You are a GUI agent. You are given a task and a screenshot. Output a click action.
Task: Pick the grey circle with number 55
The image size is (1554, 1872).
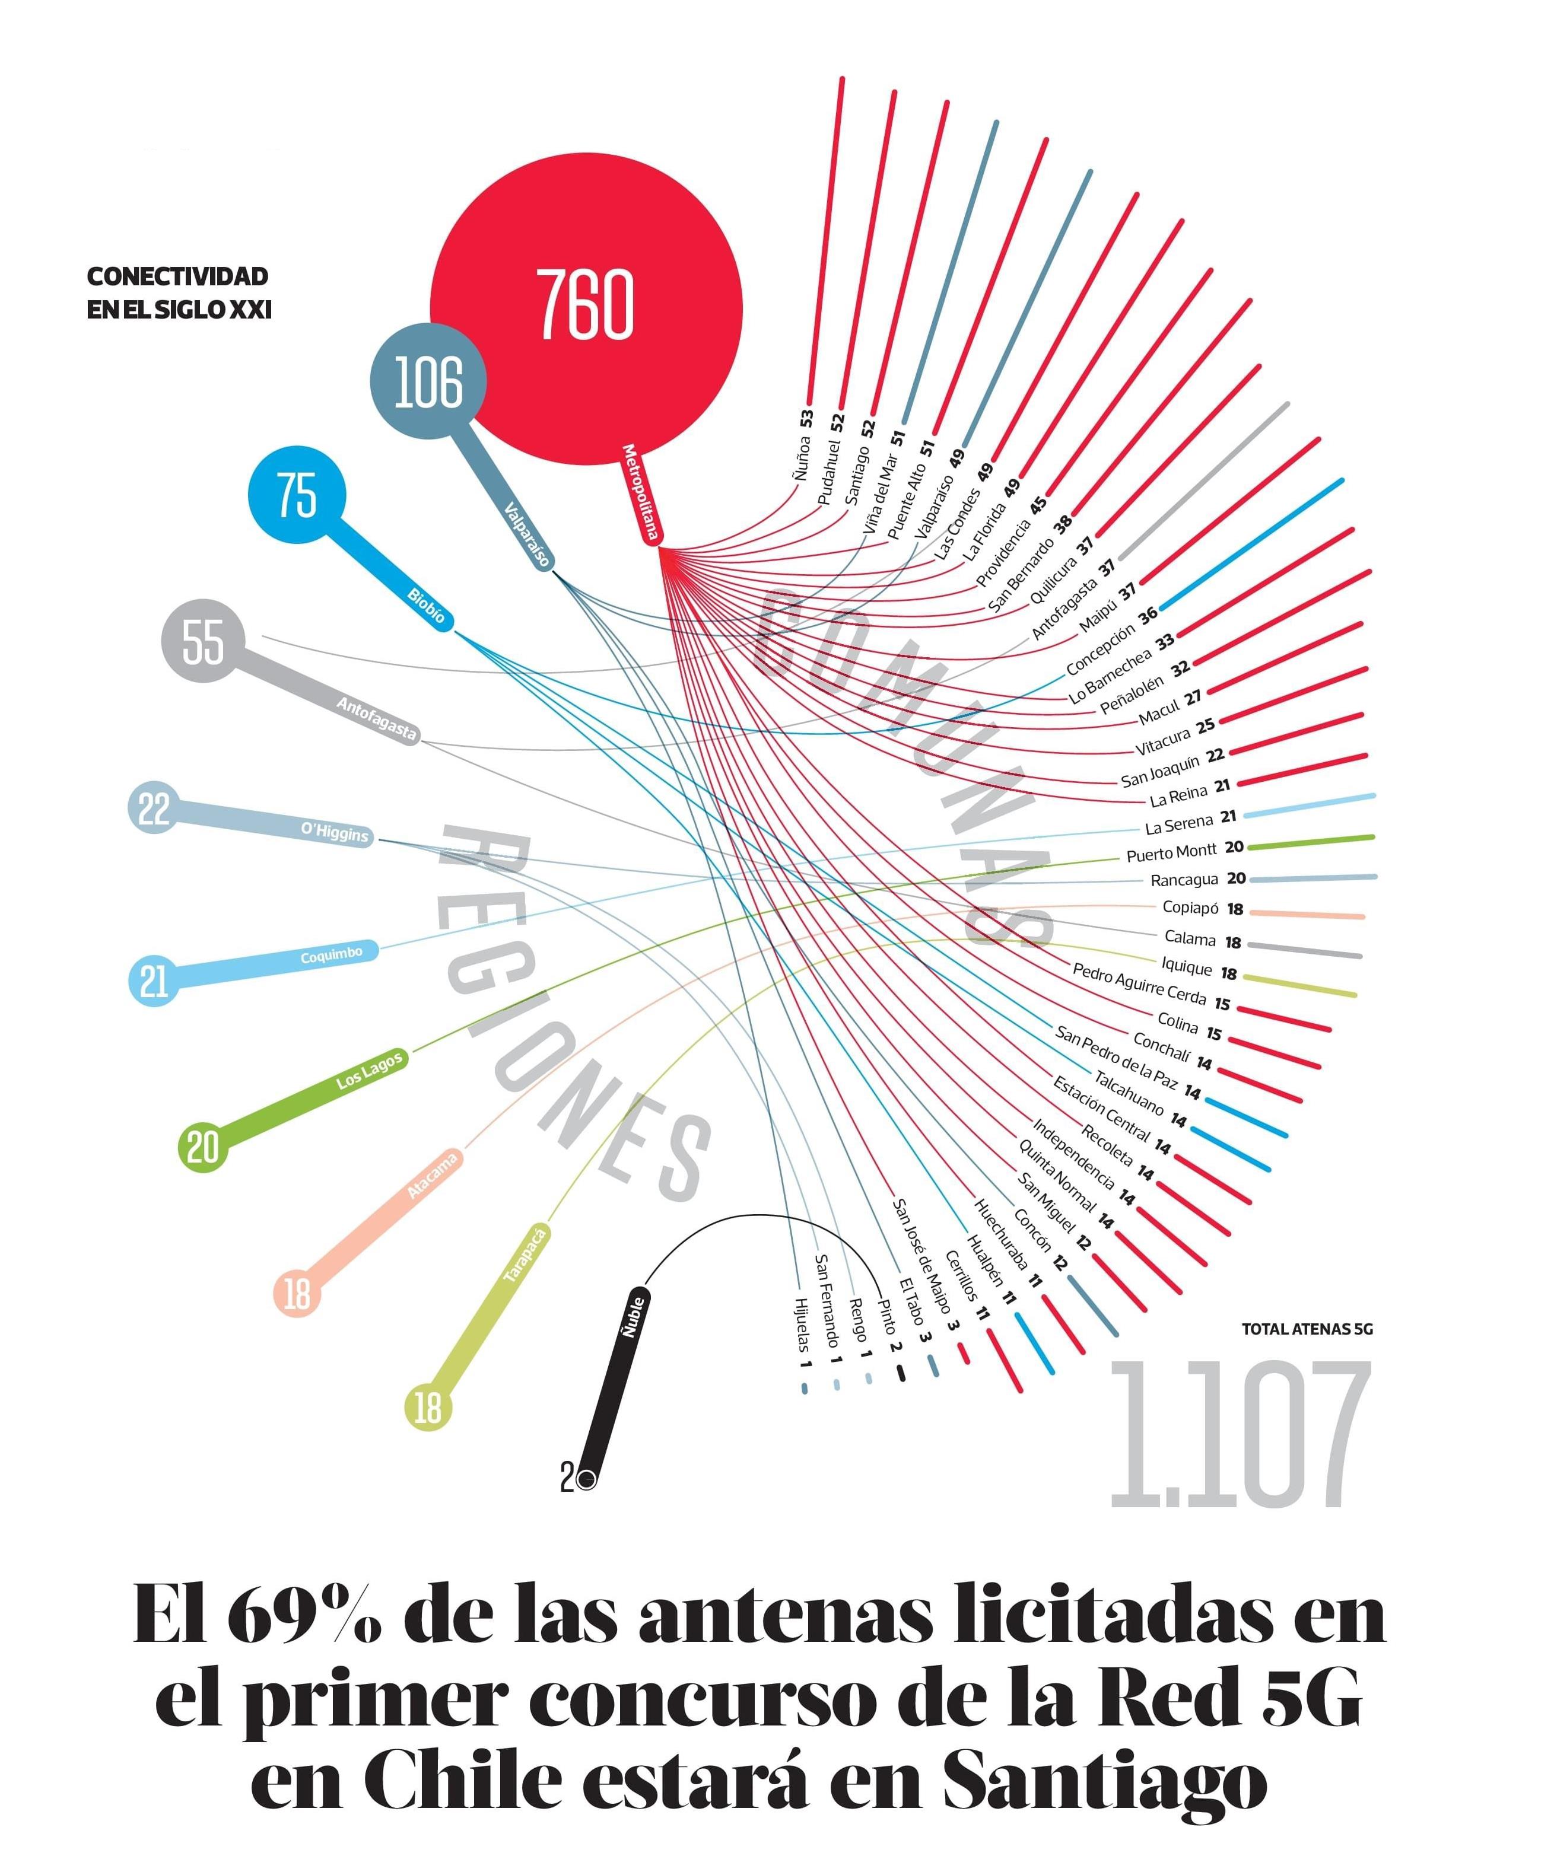[x=204, y=641]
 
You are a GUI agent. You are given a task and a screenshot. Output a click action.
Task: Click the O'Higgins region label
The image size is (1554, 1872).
[x=334, y=832]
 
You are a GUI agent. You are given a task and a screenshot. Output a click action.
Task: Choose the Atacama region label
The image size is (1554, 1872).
[x=433, y=1175]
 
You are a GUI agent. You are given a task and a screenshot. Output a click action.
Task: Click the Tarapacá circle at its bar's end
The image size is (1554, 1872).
[x=428, y=1408]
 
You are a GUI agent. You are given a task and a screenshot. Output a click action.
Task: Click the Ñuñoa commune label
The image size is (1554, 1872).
[x=802, y=457]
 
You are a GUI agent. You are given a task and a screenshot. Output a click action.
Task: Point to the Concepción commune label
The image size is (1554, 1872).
[x=1100, y=649]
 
